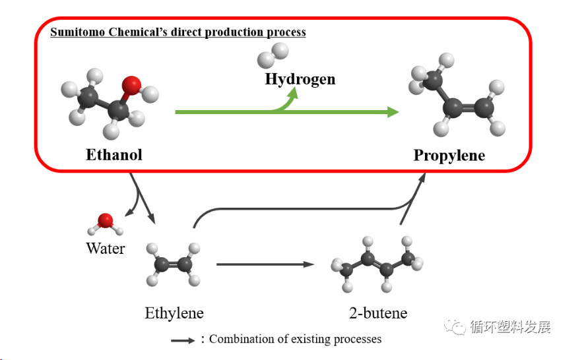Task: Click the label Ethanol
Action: coord(114,155)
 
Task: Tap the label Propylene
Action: coord(449,156)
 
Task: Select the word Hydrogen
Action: coord(300,79)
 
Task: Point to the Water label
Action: coord(106,249)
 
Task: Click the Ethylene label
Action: coord(174,313)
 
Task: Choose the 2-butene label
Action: coord(378,313)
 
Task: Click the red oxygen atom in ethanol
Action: coord(132,85)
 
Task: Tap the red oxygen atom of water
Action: coord(105,220)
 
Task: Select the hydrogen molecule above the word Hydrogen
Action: coord(273,55)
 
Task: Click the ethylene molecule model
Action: coord(174,264)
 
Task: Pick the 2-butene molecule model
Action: coord(373,262)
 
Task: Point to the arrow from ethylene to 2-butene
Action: coord(264,264)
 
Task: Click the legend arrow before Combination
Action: coord(182,340)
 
